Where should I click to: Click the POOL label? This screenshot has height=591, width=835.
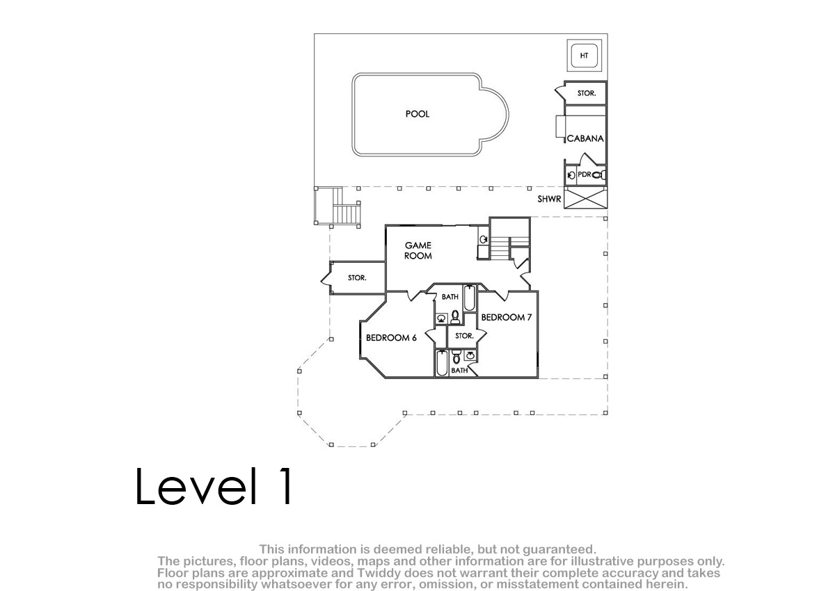[417, 114]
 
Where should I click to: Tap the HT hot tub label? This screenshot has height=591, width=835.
[584, 56]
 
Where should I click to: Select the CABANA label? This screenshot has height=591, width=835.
[585, 138]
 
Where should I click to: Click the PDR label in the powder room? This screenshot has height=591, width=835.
[584, 175]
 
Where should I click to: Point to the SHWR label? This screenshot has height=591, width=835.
[549, 199]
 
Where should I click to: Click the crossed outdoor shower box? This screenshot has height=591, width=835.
[586, 198]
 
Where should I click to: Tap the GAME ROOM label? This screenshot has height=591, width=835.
[418, 250]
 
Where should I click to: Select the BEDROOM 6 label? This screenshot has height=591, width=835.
[391, 338]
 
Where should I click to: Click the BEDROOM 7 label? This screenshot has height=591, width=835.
[507, 317]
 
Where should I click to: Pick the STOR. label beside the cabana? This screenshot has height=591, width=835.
[587, 93]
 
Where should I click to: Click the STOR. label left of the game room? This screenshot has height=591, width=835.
[357, 278]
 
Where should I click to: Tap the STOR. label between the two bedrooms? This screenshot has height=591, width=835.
[464, 336]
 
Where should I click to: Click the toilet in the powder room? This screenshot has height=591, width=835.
[598, 175]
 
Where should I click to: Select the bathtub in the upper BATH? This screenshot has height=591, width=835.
[469, 298]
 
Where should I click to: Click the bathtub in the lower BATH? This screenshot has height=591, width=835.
[442, 364]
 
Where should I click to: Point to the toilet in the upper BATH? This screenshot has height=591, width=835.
[455, 317]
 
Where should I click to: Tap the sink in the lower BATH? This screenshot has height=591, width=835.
[470, 355]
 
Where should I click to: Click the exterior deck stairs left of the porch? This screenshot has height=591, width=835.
[337, 207]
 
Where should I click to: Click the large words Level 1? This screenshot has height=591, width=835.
[214, 486]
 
